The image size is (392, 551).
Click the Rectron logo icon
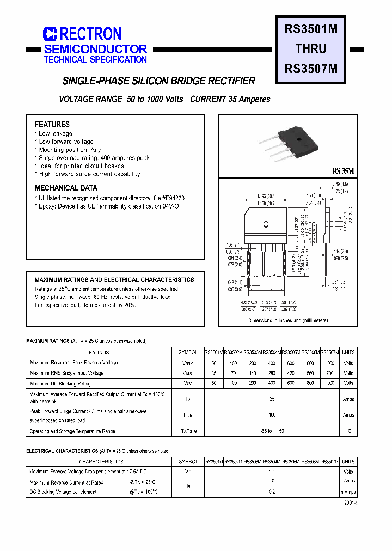click(x=50, y=34)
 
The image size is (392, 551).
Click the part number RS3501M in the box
click(x=311, y=30)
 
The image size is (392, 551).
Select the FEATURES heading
click(x=52, y=124)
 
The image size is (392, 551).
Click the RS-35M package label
click(x=343, y=171)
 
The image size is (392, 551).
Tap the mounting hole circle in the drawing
click(x=266, y=224)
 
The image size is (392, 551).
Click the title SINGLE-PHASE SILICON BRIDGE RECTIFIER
click(x=159, y=81)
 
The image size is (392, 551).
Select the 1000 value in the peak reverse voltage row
click(x=330, y=363)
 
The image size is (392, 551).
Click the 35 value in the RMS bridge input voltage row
click(x=214, y=374)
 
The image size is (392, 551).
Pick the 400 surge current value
click(x=272, y=415)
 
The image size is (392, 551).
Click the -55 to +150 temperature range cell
click(x=272, y=431)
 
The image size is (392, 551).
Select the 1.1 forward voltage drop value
click(x=272, y=472)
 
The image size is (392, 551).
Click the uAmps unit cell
click(x=348, y=482)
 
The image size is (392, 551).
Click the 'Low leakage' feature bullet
click(x=55, y=133)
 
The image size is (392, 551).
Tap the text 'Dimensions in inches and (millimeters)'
click(x=288, y=321)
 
